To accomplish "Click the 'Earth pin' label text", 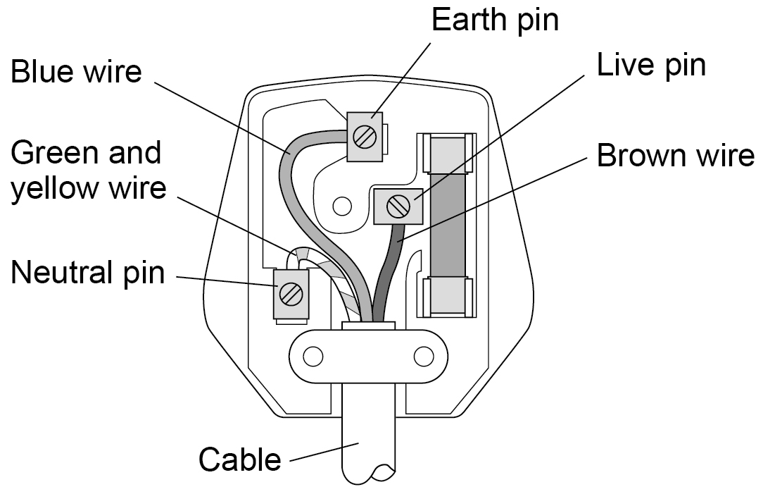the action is (x=495, y=20).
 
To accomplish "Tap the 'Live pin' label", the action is (x=651, y=65).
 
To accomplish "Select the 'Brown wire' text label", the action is (x=676, y=156).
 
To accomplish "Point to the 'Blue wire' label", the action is (x=77, y=72).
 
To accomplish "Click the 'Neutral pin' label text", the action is (x=87, y=272).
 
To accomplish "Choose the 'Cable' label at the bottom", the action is (x=240, y=459).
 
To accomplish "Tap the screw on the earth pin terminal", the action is (x=365, y=137).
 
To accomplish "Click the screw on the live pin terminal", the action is (x=398, y=206).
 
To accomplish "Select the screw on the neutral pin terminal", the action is (x=291, y=295).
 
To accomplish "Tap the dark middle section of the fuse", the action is (x=448, y=225).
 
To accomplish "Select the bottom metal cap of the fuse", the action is (x=448, y=297).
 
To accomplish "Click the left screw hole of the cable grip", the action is (x=313, y=357).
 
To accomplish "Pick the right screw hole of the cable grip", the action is (x=423, y=357).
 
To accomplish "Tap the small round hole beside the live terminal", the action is (x=342, y=206).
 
